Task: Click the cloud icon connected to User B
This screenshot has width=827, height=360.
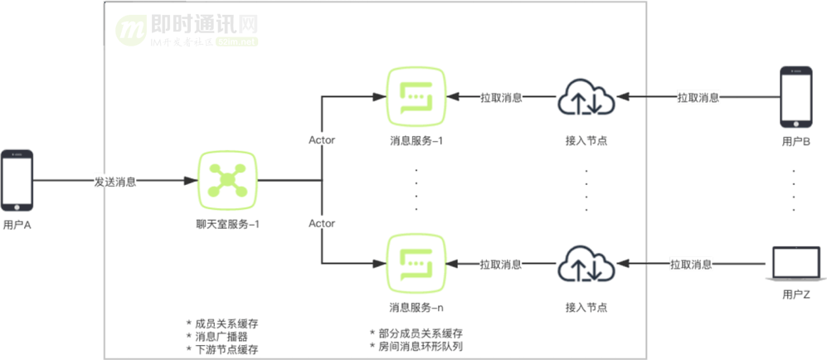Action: point(586,98)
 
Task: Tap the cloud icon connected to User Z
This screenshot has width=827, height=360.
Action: point(586,265)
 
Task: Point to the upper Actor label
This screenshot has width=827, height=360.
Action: point(321,139)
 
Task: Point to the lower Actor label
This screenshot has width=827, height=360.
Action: point(321,223)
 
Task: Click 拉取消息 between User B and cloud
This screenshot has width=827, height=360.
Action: point(698,97)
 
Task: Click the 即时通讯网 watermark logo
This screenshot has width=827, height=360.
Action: point(186,30)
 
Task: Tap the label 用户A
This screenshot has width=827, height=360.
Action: point(17,224)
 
